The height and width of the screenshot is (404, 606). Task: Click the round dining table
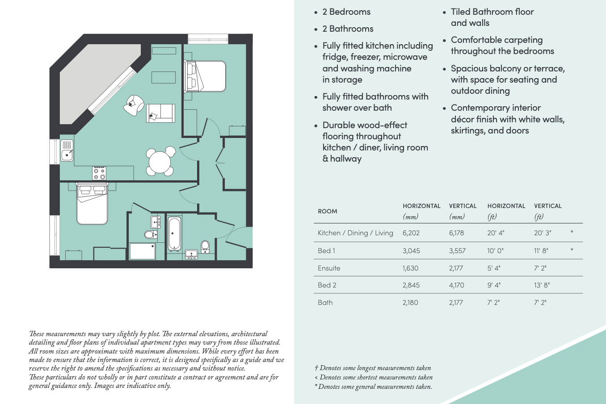[x=160, y=162]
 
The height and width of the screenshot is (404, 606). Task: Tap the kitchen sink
[x=67, y=150]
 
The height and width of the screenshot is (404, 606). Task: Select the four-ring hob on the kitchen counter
[x=99, y=173]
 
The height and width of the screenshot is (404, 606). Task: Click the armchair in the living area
[x=134, y=105]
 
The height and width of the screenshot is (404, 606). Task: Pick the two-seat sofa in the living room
[x=160, y=113]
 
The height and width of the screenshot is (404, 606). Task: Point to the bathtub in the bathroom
[x=174, y=233]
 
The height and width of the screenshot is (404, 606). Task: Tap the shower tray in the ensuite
[x=142, y=251]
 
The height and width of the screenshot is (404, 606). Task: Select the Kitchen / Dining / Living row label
[x=355, y=233]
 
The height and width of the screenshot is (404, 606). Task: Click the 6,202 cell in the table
[x=411, y=233]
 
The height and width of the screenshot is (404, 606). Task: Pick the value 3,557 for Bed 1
[x=457, y=250]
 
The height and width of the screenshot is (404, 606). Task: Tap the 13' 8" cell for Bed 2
[x=542, y=285]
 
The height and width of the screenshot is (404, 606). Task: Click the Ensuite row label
[x=329, y=268]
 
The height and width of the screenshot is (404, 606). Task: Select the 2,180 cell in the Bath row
[x=410, y=302]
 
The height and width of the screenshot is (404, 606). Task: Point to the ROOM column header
[x=327, y=211]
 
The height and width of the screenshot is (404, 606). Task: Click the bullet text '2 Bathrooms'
[x=348, y=29]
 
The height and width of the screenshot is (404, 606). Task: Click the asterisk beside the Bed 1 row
[x=572, y=250]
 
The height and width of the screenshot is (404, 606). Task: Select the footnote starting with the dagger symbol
[x=373, y=368]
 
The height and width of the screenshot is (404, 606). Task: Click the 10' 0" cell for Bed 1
[x=495, y=250]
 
